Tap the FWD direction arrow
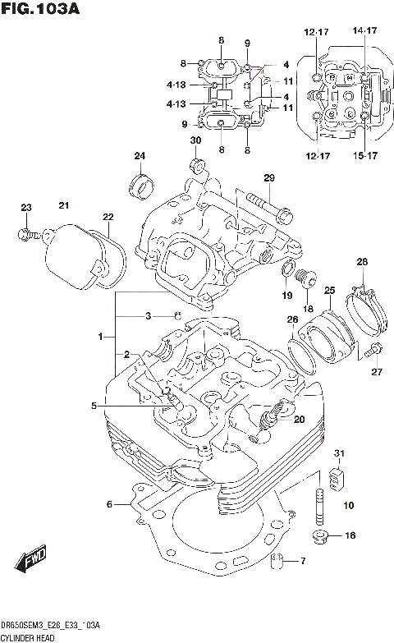click(32, 562)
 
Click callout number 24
click(140, 157)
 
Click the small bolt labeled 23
click(25, 235)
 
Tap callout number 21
click(63, 204)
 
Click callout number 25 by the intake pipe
click(329, 290)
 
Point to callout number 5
click(94, 406)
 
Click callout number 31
click(339, 454)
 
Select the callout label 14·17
click(364, 31)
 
